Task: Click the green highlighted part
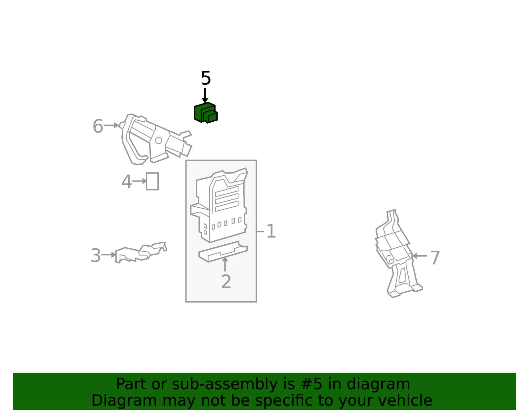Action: click(205, 113)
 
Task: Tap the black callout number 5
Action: click(206, 78)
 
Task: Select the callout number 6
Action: click(98, 126)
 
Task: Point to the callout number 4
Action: click(126, 182)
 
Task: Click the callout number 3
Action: click(96, 256)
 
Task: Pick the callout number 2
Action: click(226, 282)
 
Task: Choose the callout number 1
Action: click(271, 231)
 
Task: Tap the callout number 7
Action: click(435, 258)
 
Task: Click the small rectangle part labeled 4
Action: click(152, 181)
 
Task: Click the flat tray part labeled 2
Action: click(223, 252)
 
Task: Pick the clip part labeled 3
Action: click(141, 253)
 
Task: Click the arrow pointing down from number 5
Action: click(205, 96)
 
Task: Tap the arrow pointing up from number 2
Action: click(225, 264)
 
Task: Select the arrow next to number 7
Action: click(419, 256)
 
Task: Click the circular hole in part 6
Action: click(158, 141)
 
